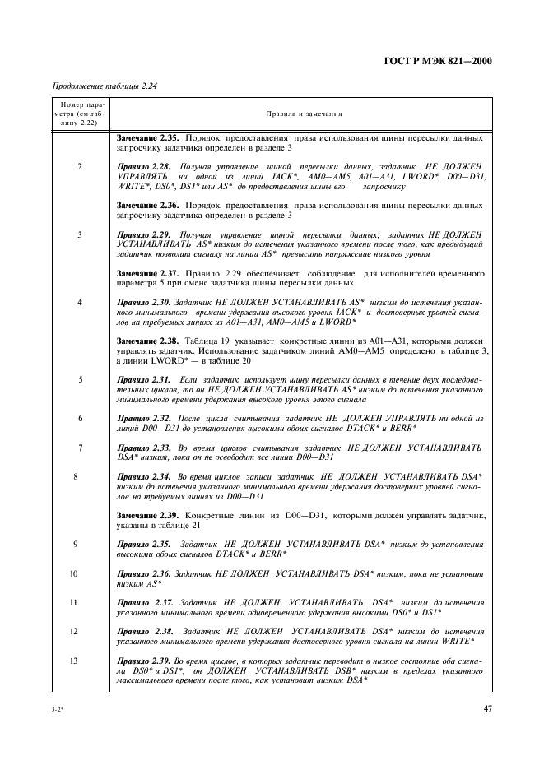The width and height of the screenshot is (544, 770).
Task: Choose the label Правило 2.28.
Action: tap(145, 166)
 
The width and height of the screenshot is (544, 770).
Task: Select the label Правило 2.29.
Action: tap(145, 234)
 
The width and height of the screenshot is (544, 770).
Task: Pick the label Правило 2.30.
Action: tap(145, 302)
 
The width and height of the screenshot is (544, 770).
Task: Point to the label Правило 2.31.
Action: tap(145, 379)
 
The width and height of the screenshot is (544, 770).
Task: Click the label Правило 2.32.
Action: tap(145, 418)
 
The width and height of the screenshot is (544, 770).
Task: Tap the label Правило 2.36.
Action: tap(145, 573)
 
